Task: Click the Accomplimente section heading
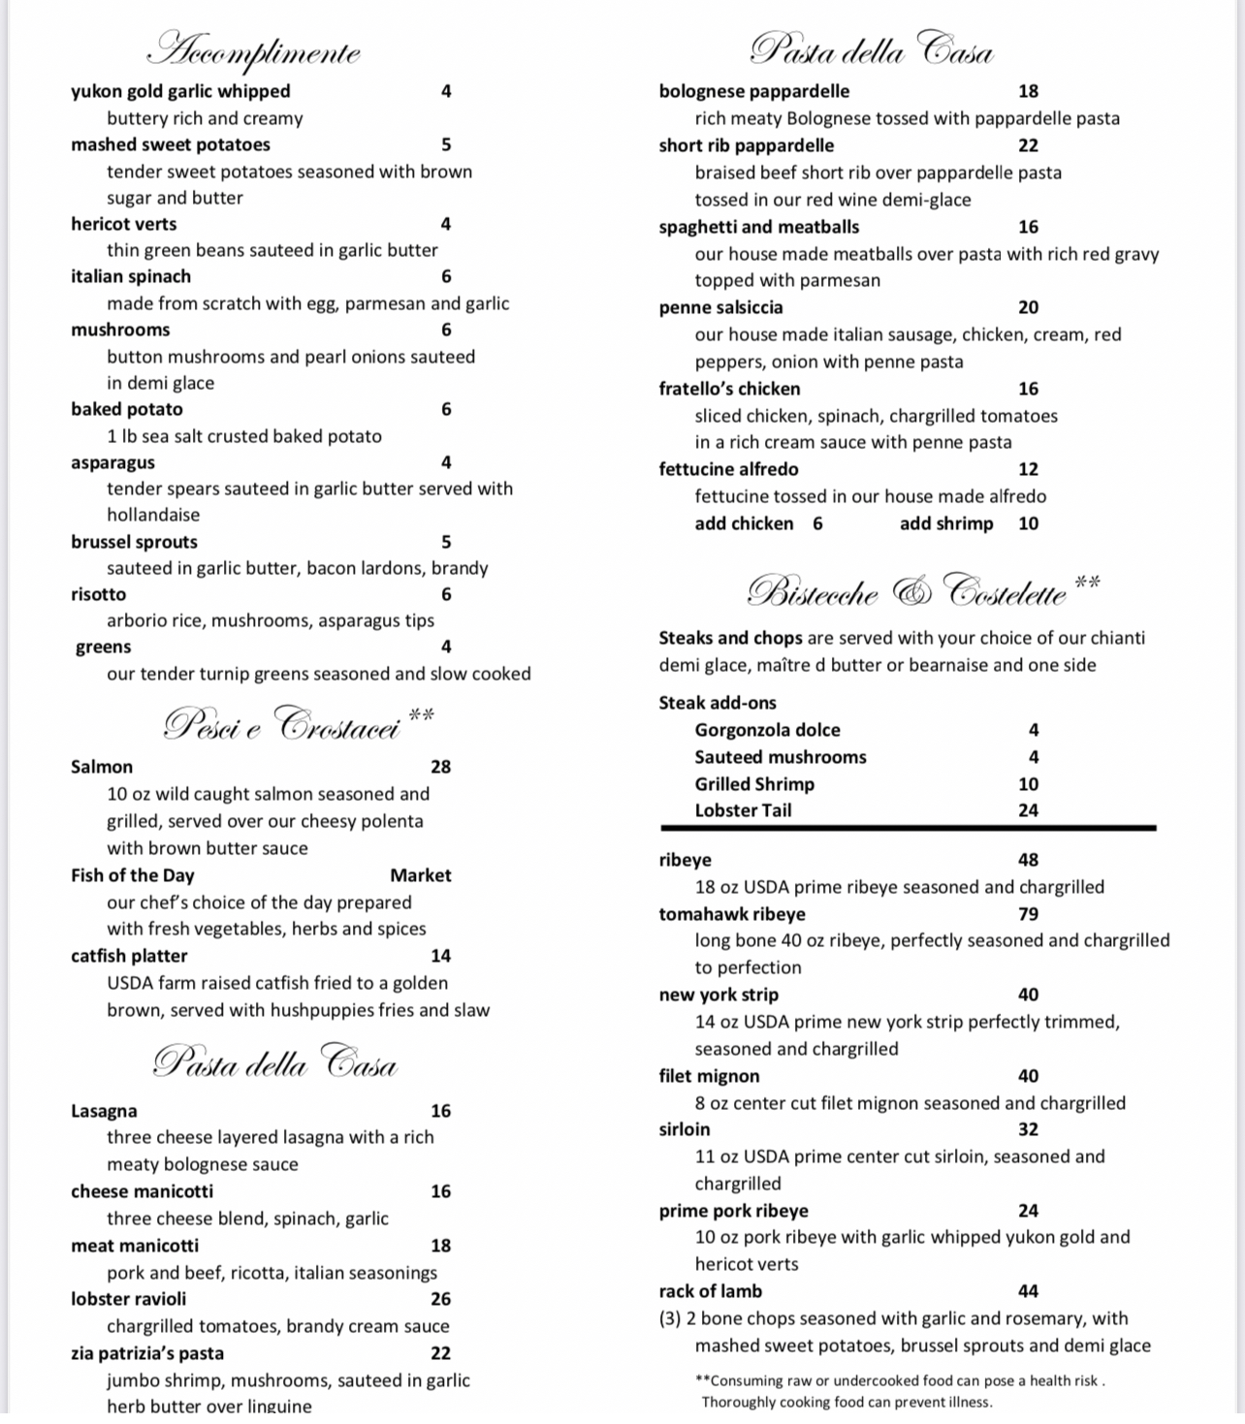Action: (x=256, y=51)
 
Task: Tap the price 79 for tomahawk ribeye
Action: (x=1028, y=914)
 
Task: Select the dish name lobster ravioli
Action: (x=128, y=1299)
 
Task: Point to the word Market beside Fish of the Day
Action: (x=420, y=875)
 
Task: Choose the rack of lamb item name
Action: (x=710, y=1291)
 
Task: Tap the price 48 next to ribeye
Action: (x=1028, y=860)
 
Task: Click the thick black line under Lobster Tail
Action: (x=908, y=829)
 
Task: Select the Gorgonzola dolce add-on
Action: (x=767, y=730)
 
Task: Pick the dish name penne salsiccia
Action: (x=720, y=307)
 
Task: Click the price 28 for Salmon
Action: (x=440, y=767)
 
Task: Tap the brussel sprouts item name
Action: (x=134, y=542)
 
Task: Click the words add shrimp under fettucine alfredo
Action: (x=946, y=523)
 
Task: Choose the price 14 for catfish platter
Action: (x=440, y=956)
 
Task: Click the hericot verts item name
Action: (x=123, y=224)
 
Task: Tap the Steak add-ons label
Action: (x=717, y=703)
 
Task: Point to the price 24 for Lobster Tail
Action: (x=1028, y=810)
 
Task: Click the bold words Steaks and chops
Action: (x=730, y=638)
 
